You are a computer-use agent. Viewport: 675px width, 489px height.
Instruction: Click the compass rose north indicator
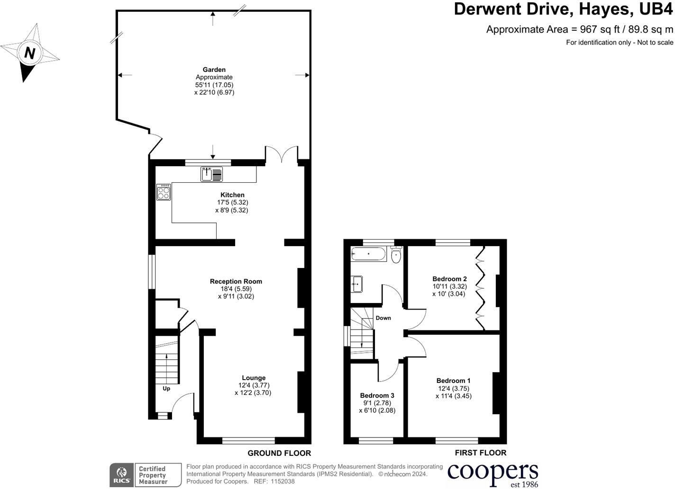tap(30, 53)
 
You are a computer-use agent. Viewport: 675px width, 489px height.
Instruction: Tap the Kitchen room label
tap(232, 195)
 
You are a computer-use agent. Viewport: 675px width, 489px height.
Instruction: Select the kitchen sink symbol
tap(211, 175)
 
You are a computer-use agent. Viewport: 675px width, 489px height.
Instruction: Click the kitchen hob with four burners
tap(164, 192)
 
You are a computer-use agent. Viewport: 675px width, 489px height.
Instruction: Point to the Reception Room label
tap(236, 281)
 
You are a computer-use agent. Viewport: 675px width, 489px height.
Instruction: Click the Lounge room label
tap(254, 378)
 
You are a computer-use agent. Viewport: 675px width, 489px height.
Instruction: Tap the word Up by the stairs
tap(166, 389)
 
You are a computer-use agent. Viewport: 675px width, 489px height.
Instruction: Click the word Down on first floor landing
tap(383, 318)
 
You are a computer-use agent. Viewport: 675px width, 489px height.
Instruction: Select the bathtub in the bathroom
tap(369, 255)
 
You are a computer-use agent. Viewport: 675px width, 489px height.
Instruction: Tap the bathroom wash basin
tap(357, 284)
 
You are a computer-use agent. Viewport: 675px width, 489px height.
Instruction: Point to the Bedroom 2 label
tap(449, 279)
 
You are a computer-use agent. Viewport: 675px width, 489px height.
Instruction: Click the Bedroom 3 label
tap(377, 395)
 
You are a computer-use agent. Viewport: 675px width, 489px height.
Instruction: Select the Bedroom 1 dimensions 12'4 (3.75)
tap(453, 388)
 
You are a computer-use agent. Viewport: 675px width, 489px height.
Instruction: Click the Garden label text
tap(214, 70)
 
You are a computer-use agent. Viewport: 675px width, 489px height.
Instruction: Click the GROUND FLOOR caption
tap(279, 453)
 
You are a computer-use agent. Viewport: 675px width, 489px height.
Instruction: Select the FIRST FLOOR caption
tap(480, 453)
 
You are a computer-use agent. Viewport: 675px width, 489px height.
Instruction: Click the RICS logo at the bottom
tap(121, 475)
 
